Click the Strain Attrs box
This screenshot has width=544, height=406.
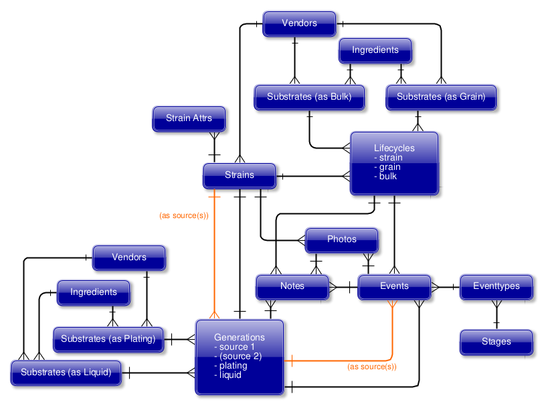(x=189, y=118)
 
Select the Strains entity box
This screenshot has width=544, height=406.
(x=239, y=175)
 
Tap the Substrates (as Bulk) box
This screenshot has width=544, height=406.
(x=309, y=97)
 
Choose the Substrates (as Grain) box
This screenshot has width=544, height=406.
(x=441, y=97)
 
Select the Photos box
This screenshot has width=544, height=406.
(x=341, y=239)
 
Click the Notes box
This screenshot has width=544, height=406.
(x=292, y=286)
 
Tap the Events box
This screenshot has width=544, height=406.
(x=394, y=286)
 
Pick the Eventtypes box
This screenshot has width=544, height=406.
(x=496, y=286)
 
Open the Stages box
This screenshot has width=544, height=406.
(x=496, y=342)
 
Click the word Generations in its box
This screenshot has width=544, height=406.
(x=240, y=337)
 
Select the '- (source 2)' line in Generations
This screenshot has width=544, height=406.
(x=238, y=356)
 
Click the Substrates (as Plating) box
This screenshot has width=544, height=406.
(x=108, y=339)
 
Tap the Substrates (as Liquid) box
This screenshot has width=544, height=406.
(x=66, y=373)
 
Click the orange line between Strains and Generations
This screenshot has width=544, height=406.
(x=214, y=261)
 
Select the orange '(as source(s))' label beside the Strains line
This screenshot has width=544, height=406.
(x=184, y=216)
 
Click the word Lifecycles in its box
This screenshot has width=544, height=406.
(x=394, y=148)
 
